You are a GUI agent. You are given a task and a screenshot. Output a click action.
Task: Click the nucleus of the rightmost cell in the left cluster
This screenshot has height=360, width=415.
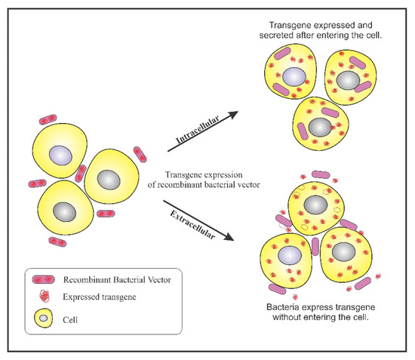tap(110, 180)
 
